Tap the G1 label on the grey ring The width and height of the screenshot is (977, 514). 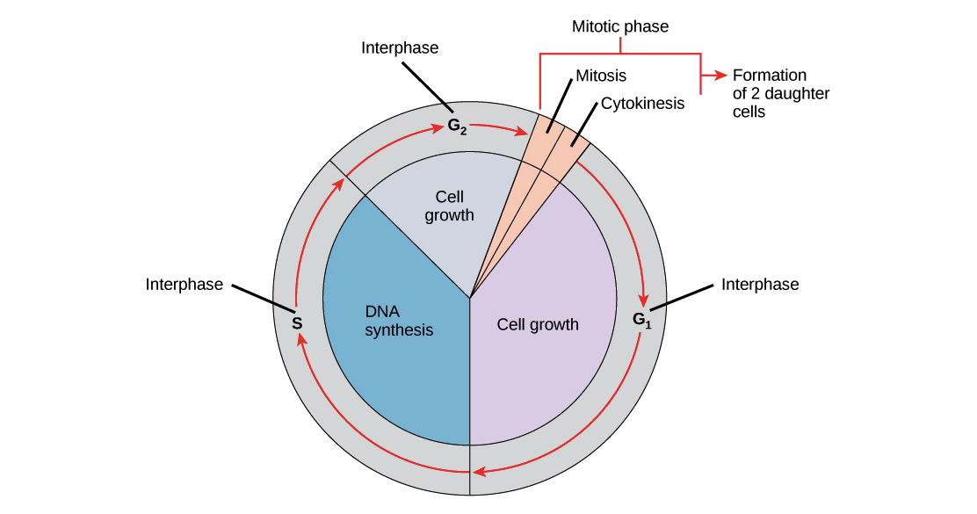(x=642, y=320)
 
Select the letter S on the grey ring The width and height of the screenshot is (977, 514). (x=297, y=323)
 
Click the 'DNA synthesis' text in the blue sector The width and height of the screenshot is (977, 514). (x=399, y=321)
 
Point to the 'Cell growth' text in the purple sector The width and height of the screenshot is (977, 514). (x=538, y=324)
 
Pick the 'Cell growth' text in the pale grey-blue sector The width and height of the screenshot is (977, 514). (x=449, y=206)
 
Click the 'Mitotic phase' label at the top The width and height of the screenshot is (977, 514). (x=620, y=28)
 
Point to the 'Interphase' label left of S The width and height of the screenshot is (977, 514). (x=185, y=284)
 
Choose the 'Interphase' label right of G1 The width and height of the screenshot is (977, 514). (x=762, y=285)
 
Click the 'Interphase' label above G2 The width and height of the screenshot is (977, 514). (x=399, y=48)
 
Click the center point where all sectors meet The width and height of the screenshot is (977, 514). (x=470, y=297)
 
